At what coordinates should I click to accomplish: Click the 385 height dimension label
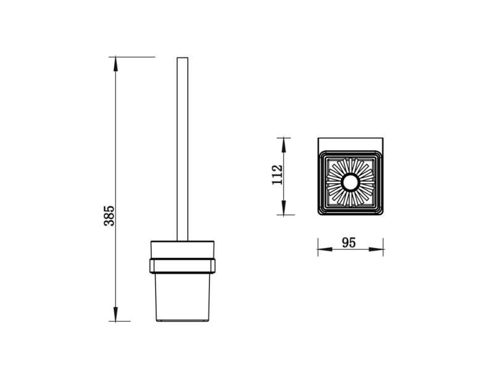point(109,215)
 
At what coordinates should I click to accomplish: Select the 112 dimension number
point(277,174)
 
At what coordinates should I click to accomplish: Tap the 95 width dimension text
point(349,242)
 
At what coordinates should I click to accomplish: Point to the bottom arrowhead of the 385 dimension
point(115,314)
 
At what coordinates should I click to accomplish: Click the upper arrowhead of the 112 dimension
point(283,145)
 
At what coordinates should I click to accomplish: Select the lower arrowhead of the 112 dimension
point(283,208)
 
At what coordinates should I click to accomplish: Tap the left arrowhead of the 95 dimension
point(325,249)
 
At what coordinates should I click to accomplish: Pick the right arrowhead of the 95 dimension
point(376,249)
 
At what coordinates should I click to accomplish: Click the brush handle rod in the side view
point(182,149)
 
